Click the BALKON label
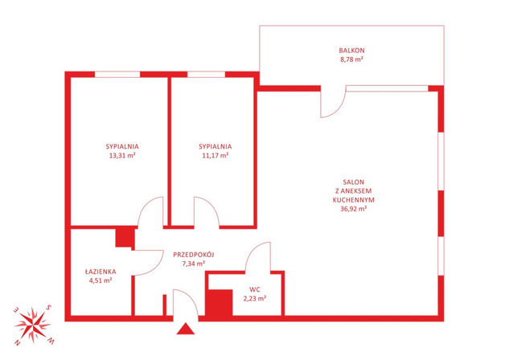tap(351, 51)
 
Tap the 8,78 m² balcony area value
tap(351, 59)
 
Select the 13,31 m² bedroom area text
tap(122, 155)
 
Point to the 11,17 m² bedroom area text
tap(216, 155)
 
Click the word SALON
tap(354, 182)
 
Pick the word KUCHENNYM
tap(354, 200)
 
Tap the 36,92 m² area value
tap(354, 209)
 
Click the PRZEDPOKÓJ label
tap(194, 255)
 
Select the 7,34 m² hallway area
tap(194, 264)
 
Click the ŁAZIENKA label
tap(101, 272)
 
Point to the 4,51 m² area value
tap(101, 280)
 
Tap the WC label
tap(255, 289)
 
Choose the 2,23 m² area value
tap(255, 298)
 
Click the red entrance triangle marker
tap(186, 329)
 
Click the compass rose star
tap(33, 325)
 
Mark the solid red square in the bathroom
tap(125, 238)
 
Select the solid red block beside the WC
tap(220, 303)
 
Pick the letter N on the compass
tap(18, 342)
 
